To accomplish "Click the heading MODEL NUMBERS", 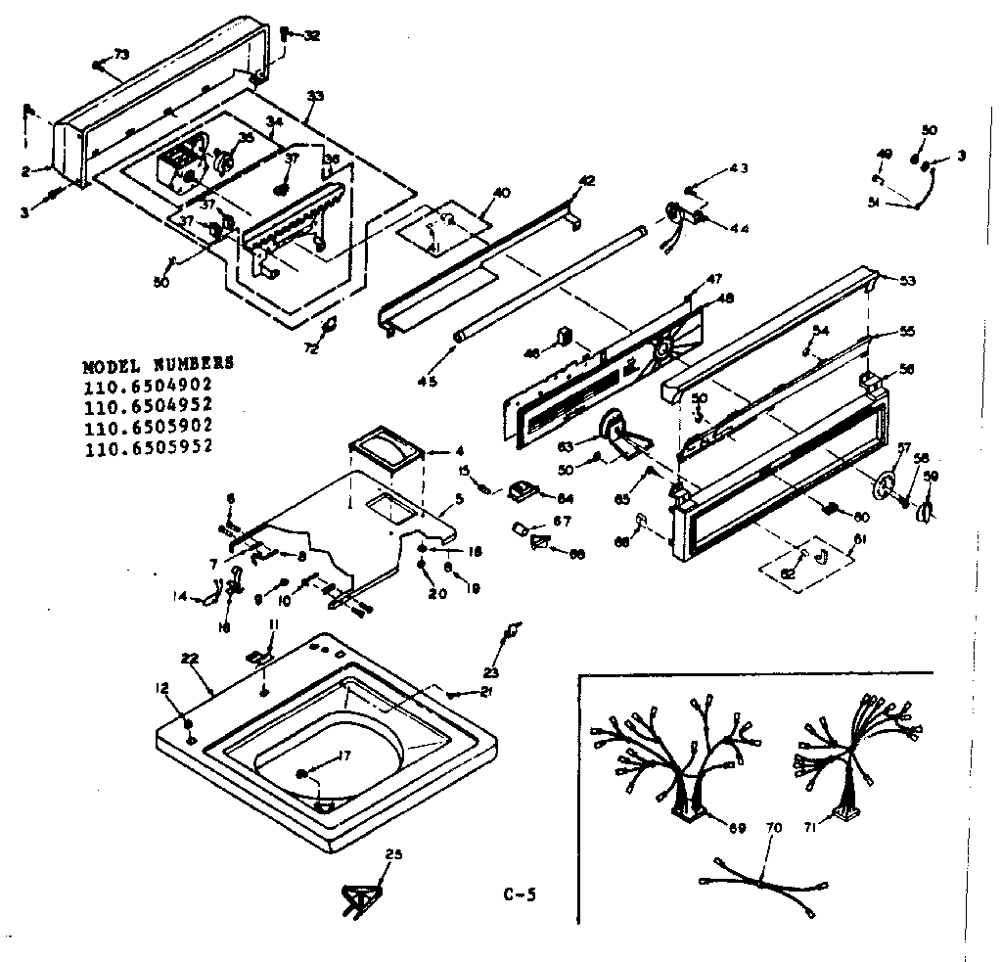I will coord(158,363).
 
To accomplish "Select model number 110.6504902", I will coord(149,384).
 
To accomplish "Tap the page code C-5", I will coord(520,893).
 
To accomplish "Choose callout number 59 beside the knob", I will coord(931,479).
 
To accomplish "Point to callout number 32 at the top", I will coord(311,36).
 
